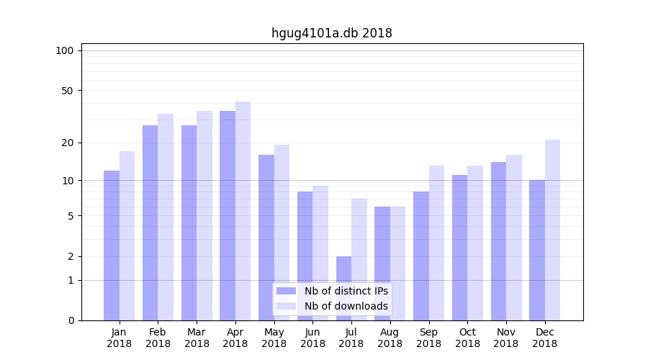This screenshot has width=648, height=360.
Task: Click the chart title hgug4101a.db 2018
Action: click(331, 33)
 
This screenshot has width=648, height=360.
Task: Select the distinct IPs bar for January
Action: click(112, 245)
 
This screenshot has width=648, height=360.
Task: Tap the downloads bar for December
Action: click(552, 230)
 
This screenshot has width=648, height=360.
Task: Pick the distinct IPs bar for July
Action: click(343, 288)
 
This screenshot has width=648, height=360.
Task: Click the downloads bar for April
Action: click(243, 211)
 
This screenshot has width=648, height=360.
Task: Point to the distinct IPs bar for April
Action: click(228, 215)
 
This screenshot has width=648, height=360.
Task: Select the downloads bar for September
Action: click(436, 243)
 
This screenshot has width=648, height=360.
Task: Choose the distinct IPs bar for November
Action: click(498, 241)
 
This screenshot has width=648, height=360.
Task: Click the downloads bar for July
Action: click(359, 259)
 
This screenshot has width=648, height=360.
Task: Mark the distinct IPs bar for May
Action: click(266, 238)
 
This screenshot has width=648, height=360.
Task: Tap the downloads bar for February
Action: click(166, 217)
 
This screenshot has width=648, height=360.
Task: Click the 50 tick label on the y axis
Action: click(67, 91)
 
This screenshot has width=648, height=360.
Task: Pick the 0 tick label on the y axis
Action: click(71, 320)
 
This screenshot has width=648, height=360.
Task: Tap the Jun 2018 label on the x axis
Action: click(312, 338)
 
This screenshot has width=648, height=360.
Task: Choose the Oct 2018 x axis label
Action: click(467, 338)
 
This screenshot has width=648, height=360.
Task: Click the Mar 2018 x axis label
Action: click(197, 338)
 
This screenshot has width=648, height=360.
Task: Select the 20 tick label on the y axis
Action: click(67, 143)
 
